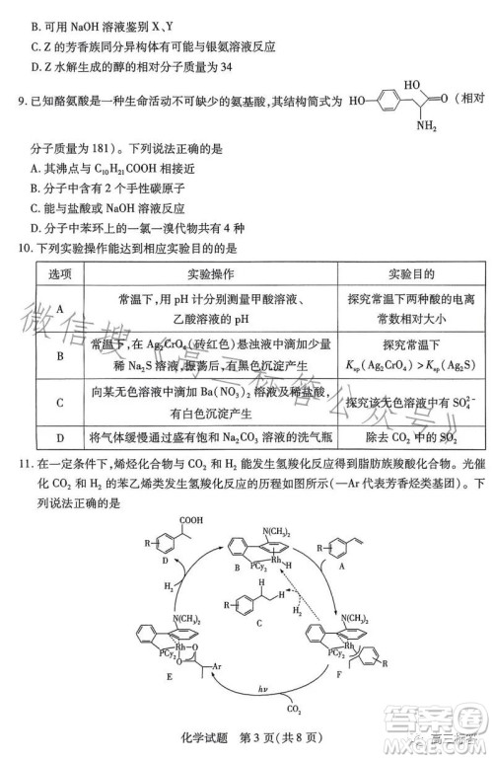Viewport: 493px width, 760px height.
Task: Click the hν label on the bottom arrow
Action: coord(261,715)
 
